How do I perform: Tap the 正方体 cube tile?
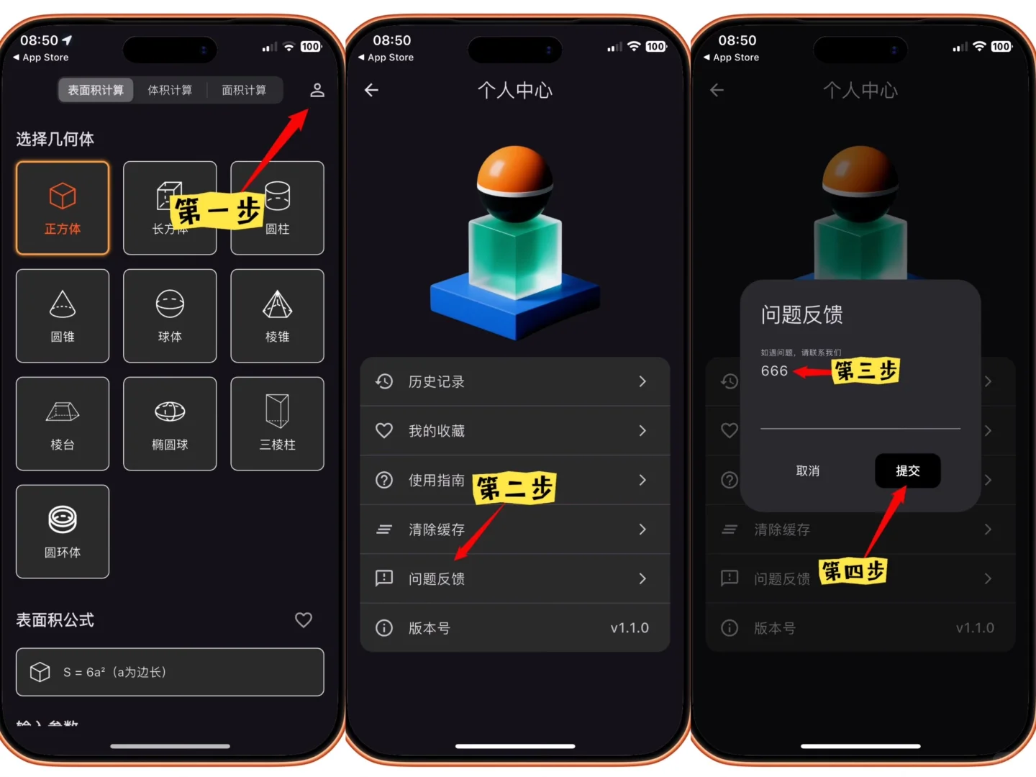point(63,208)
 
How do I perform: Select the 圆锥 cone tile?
point(63,316)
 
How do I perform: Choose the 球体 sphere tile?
point(170,316)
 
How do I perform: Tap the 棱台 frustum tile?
point(63,424)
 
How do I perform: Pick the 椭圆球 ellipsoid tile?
point(170,424)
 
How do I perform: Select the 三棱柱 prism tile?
point(277,424)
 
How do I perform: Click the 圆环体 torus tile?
point(63,532)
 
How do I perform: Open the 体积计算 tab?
point(170,90)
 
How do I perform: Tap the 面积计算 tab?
point(244,90)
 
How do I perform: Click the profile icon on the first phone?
point(317,90)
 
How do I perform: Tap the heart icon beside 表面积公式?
point(304,619)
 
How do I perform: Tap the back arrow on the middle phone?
point(371,90)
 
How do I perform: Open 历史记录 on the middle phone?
point(514,381)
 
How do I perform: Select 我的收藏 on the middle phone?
point(514,431)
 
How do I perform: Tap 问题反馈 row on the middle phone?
point(514,578)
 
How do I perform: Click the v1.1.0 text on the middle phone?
point(630,628)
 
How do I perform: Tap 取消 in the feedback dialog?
point(808,471)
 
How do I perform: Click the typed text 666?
point(774,371)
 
